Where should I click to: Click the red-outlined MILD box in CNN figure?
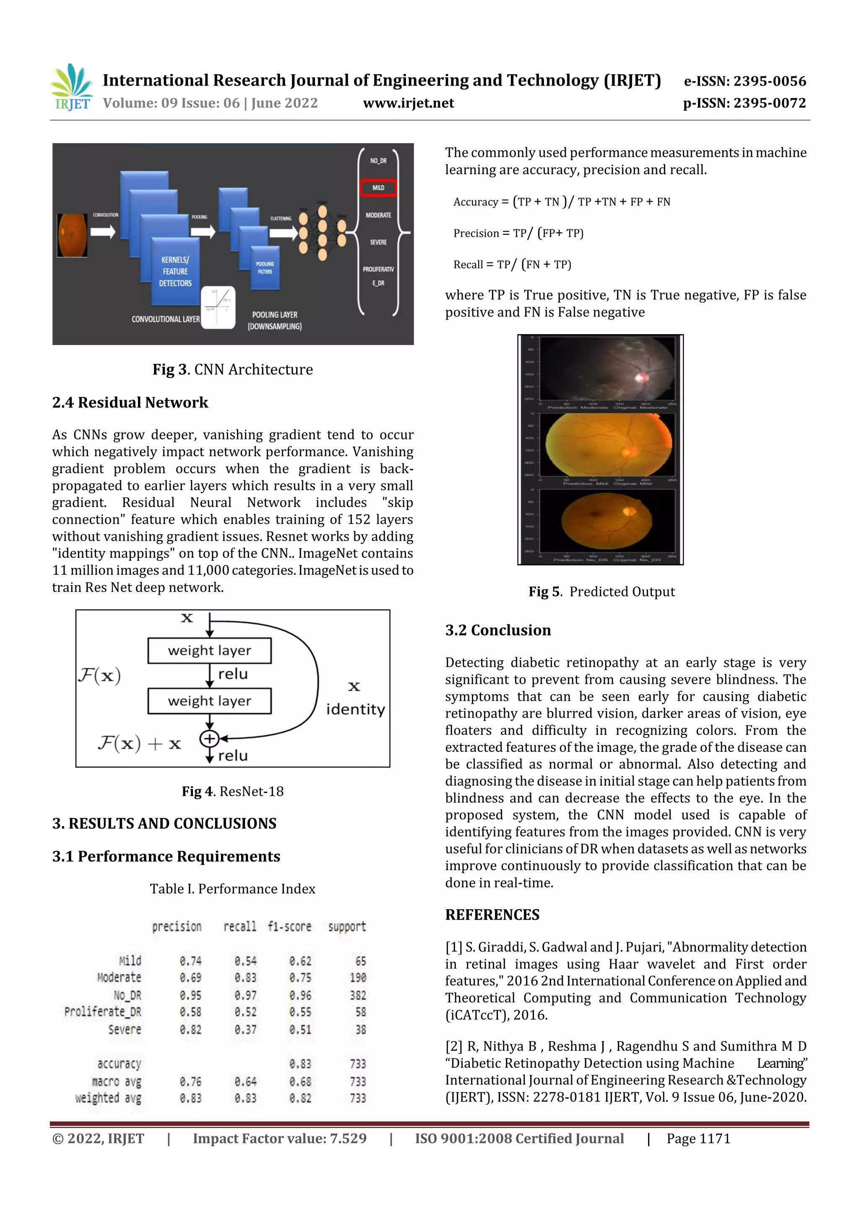tap(378, 188)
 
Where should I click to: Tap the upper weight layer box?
tap(210, 650)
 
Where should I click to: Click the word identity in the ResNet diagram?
tap(355, 709)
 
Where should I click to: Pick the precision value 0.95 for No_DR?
tap(190, 995)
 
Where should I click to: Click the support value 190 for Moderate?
tap(358, 977)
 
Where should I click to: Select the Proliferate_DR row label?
tap(103, 1012)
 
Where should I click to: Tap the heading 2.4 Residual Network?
tap(130, 403)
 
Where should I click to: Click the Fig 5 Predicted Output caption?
tap(602, 591)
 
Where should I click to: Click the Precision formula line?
tap(518, 233)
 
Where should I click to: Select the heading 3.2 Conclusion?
tap(497, 630)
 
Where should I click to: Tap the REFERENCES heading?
tap(492, 915)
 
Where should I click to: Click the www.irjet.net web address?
tap(408, 103)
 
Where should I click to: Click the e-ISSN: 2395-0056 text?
tap(744, 81)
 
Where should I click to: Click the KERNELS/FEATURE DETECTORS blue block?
tap(175, 271)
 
